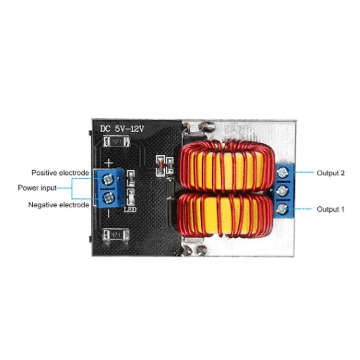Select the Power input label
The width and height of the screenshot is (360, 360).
pos(37,188)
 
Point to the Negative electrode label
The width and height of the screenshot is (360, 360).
pos(58,205)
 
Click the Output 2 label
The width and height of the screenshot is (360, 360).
pos(331,173)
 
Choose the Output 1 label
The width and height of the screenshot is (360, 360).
pos(331,209)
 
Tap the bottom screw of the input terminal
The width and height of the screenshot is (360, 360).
pos(108,197)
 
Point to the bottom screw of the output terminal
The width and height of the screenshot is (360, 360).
pos(283,208)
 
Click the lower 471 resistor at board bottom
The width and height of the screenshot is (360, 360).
pos(116,234)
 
